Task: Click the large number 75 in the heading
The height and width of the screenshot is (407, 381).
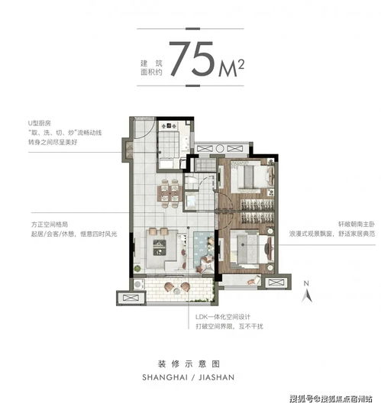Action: (192, 59)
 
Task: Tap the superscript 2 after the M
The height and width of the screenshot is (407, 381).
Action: (241, 65)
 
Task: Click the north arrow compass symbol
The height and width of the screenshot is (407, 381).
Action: (307, 292)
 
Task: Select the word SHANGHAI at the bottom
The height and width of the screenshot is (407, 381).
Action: (165, 377)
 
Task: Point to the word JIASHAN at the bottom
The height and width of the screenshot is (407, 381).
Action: (216, 377)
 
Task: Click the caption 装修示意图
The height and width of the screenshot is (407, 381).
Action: (189, 364)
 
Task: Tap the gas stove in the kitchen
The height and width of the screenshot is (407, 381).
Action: (169, 127)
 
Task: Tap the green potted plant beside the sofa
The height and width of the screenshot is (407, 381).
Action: (137, 269)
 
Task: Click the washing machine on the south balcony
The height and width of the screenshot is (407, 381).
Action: (138, 285)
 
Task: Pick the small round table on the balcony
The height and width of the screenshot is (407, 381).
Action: (177, 291)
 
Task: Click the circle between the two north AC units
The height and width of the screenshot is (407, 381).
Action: (220, 149)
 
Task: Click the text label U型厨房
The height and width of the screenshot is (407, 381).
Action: (40, 123)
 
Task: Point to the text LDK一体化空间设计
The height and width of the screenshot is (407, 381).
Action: (223, 317)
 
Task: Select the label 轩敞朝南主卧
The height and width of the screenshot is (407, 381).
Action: (357, 224)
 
